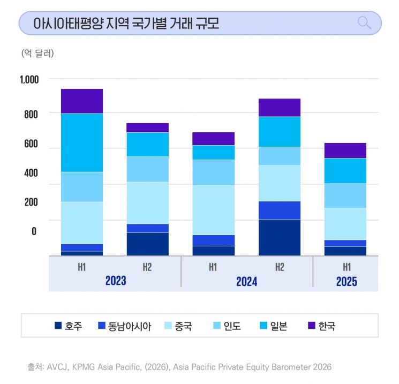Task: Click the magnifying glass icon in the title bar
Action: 364,23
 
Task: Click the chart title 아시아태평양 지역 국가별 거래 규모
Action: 126,24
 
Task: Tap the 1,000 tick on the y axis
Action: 29,80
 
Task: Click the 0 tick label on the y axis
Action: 34,231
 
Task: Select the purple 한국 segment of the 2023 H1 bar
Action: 82,101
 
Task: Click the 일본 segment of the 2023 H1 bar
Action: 82,142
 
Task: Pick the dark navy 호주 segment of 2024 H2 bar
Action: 280,237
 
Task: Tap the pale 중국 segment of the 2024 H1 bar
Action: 214,210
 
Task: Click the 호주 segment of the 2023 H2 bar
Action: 148,244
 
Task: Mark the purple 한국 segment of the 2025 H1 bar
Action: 345,150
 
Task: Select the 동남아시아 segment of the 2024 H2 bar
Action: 280,210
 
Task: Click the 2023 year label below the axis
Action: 115,281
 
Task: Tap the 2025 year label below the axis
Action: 346,281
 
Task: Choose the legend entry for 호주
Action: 69,326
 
